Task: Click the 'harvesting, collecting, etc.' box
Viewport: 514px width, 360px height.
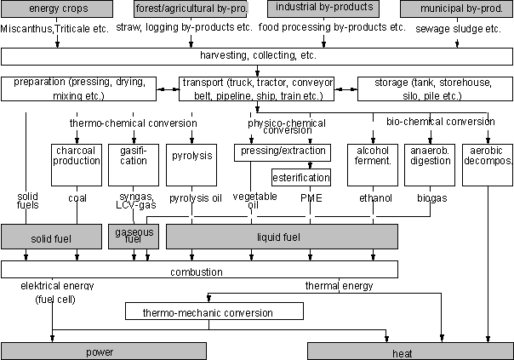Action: coord(257,55)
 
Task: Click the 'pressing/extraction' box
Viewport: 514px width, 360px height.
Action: coord(282,151)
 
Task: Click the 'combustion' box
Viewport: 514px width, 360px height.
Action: coord(200,271)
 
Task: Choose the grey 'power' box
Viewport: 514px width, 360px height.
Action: coord(103,351)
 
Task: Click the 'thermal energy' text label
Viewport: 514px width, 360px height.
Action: coord(339,286)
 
